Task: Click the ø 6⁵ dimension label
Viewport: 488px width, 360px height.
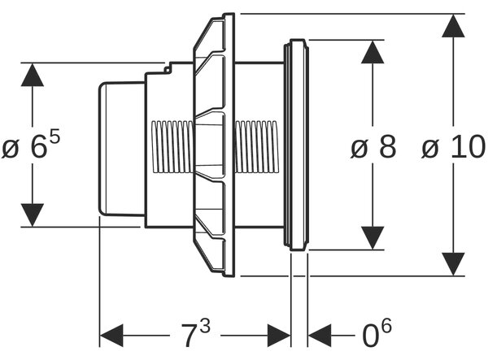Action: pos(31,145)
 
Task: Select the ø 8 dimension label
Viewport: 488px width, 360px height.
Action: pos(373,147)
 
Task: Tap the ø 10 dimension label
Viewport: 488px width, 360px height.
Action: pos(454,147)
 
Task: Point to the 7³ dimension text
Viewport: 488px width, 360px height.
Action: pos(196,333)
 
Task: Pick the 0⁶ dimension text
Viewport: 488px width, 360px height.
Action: pos(377,333)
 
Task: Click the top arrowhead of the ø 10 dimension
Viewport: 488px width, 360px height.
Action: pos(454,26)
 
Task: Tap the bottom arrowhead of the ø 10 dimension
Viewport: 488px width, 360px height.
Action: pos(454,264)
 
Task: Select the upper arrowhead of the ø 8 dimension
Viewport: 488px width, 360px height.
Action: pos(373,52)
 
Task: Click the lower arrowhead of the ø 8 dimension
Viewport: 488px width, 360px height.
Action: pos(373,238)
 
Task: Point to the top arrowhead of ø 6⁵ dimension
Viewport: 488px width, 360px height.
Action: pos(33,75)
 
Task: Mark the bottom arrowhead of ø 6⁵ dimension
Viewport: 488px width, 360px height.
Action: pos(33,215)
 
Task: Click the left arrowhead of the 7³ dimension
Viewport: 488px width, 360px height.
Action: pos(111,336)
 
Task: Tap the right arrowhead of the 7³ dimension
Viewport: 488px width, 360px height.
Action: pos(279,336)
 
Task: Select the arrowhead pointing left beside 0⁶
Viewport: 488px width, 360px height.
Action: pos(320,336)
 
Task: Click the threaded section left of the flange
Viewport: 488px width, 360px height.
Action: pos(172,147)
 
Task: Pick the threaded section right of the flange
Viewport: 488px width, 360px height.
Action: pos(256,147)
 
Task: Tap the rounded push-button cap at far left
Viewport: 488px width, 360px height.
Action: pos(122,149)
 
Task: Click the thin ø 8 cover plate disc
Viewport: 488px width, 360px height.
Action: pos(296,145)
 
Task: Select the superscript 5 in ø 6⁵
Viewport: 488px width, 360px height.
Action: pos(54,137)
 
